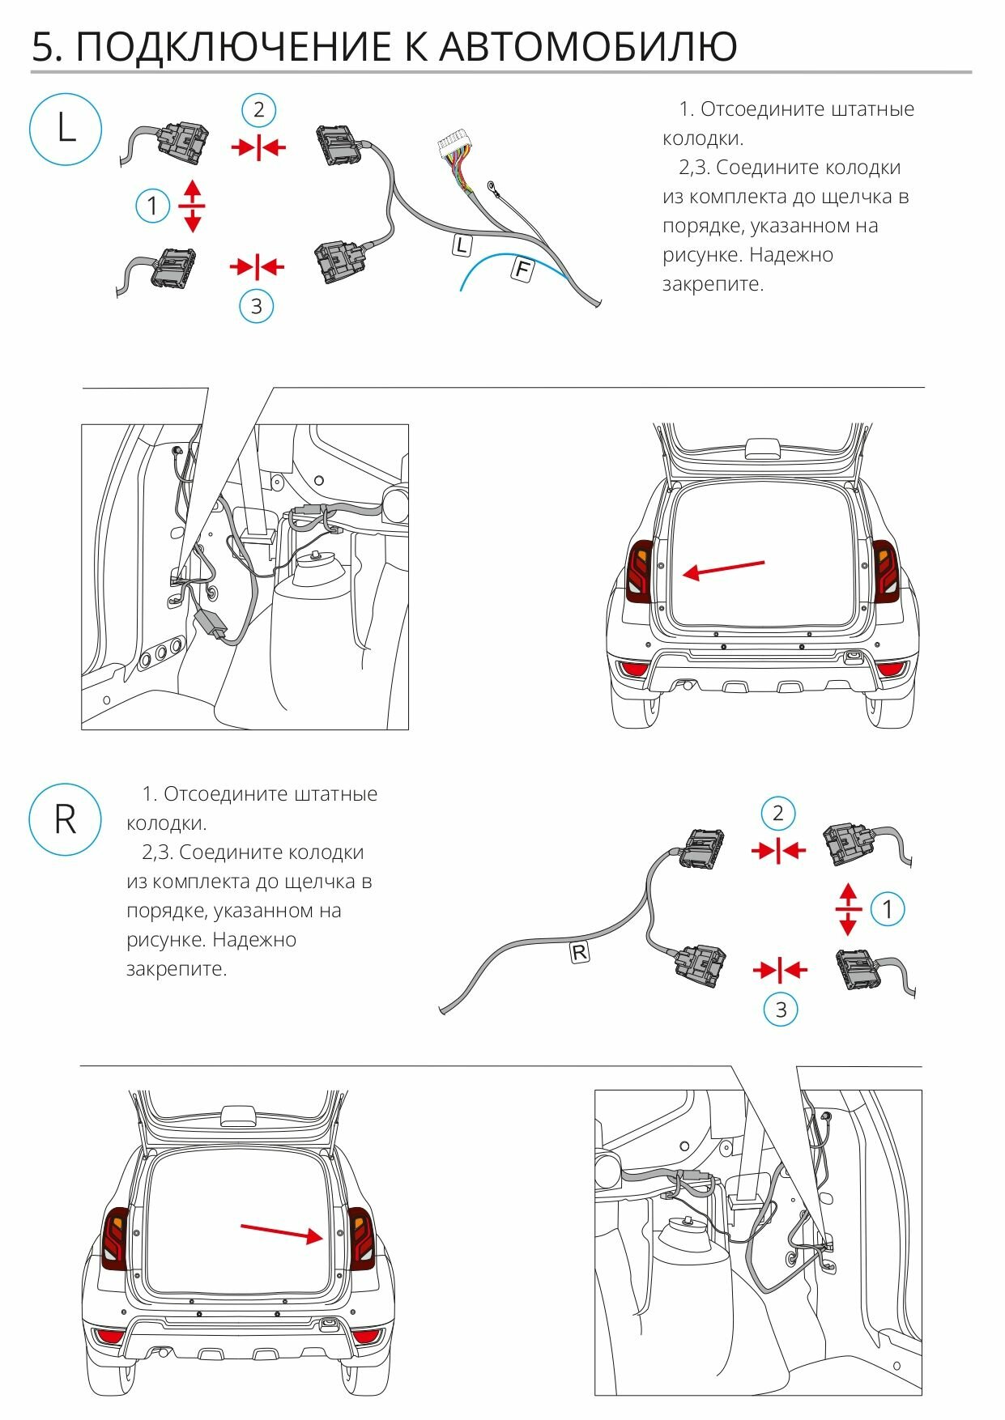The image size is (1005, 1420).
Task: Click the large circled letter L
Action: coord(66,129)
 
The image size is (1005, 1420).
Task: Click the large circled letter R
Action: coord(65,819)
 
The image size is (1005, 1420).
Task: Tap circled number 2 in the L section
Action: coord(258,110)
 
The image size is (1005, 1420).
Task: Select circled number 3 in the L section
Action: coord(257,306)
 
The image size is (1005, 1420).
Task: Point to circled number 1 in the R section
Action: coord(888,908)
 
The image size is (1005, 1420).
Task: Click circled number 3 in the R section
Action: coord(781,1009)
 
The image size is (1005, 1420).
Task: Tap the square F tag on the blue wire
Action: coord(522,270)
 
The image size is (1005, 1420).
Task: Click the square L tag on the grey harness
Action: coord(461,245)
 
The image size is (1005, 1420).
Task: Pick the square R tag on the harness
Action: coord(580,952)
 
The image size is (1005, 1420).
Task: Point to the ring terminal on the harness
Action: coord(492,188)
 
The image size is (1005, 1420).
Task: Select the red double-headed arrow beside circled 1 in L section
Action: coord(192,206)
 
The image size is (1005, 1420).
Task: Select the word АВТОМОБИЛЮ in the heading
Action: coord(588,47)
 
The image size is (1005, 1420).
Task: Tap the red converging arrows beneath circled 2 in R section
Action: coord(778,850)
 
